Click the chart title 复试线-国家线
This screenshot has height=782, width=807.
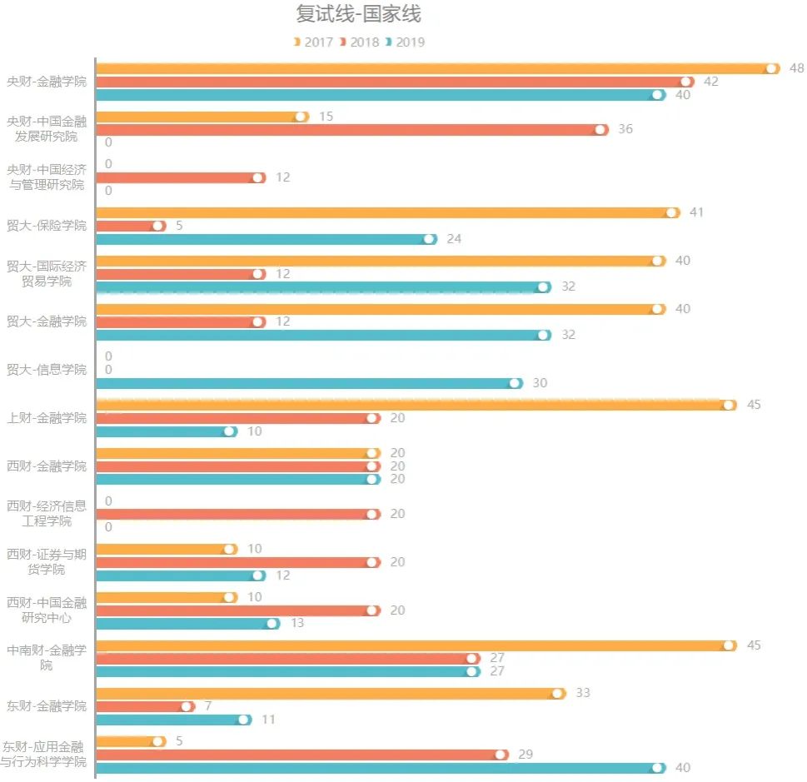(358, 14)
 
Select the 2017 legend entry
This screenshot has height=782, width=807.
(313, 42)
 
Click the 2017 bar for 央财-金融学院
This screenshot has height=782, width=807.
(433, 68)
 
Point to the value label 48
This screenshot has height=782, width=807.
(796, 68)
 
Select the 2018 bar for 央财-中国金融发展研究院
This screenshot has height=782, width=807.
(350, 129)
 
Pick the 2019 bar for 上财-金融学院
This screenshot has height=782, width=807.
(165, 431)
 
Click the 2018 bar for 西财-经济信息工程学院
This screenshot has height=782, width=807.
(237, 514)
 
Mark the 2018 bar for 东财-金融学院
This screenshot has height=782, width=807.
(144, 706)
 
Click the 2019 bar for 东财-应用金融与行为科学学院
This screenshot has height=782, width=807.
(379, 768)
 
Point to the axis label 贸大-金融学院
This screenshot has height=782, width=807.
(47, 321)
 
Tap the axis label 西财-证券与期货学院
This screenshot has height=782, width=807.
(47, 561)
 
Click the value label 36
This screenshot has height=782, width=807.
(625, 129)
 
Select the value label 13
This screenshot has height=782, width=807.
(297, 623)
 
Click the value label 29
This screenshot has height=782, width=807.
(526, 755)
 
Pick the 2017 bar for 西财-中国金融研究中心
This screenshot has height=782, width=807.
(165, 597)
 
